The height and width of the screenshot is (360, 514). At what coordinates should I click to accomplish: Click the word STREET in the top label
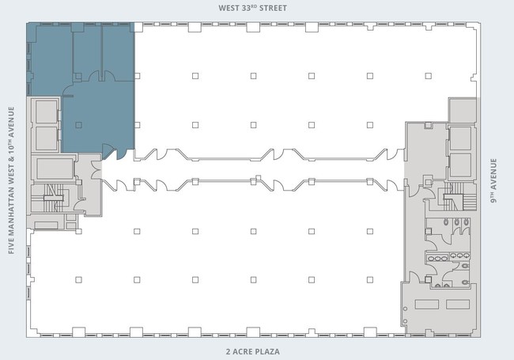(273, 8)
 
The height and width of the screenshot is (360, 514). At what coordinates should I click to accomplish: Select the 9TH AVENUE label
(493, 180)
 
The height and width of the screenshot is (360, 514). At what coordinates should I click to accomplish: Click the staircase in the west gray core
(54, 198)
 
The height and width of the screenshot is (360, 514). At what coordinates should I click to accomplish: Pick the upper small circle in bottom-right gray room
(406, 309)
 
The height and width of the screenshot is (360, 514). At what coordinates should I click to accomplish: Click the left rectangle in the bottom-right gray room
(427, 305)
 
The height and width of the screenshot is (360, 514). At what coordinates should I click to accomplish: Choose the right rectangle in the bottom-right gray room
(458, 305)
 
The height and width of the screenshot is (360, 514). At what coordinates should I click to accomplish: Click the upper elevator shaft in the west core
(47, 112)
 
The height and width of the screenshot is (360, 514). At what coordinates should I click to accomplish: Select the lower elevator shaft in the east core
(460, 165)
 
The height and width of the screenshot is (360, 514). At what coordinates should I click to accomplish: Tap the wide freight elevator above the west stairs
(55, 169)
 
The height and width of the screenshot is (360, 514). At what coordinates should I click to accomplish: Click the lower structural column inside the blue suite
(78, 125)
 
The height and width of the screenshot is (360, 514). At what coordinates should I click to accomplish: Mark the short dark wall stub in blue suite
(68, 96)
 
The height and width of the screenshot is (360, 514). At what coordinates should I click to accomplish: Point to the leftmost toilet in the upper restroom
(446, 222)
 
